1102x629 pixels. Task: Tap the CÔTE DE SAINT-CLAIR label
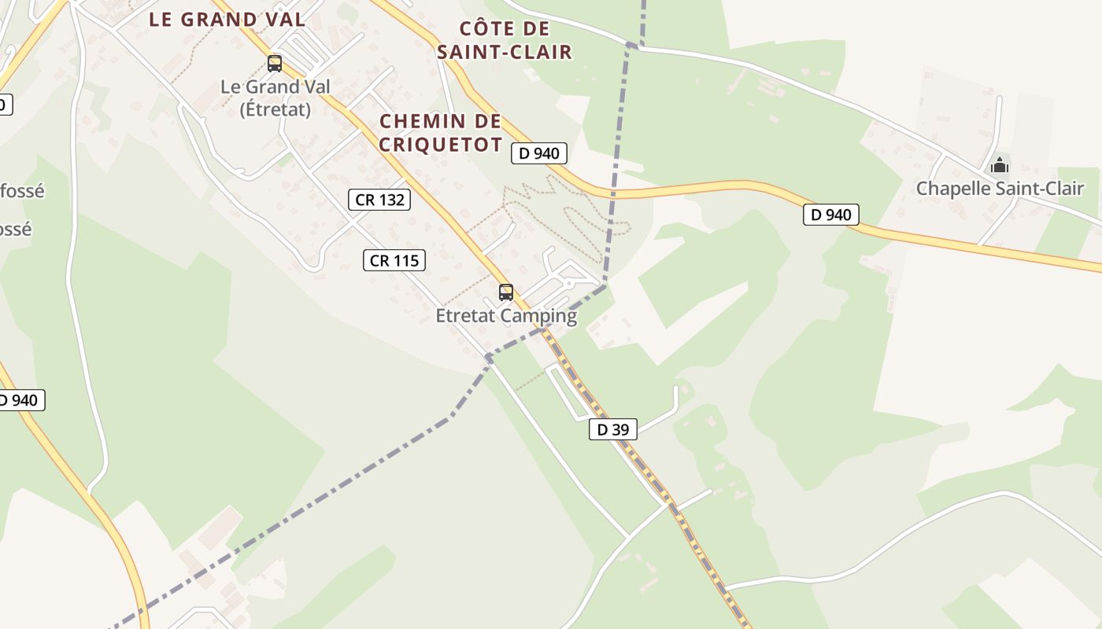coord(505,41)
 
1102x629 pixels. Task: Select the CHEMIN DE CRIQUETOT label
coord(441,133)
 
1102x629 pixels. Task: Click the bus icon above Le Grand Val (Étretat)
coord(274,63)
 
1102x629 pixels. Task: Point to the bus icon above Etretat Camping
coord(506,292)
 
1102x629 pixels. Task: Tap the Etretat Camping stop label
coord(506,316)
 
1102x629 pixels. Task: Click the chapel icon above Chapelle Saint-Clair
coord(1000,165)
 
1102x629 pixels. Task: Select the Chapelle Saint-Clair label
coord(1000,189)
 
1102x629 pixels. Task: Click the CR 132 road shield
coord(379,200)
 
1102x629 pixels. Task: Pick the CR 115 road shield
coord(394,260)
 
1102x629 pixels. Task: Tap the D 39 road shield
coord(612,429)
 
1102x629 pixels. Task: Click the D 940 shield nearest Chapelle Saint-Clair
coord(830,215)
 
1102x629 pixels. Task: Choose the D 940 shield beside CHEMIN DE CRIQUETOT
coord(538,153)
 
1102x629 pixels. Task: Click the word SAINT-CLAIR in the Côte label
coord(505,53)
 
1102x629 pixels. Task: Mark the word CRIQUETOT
coord(441,145)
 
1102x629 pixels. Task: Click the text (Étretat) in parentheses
coord(275,109)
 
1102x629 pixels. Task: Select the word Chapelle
coord(951,189)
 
